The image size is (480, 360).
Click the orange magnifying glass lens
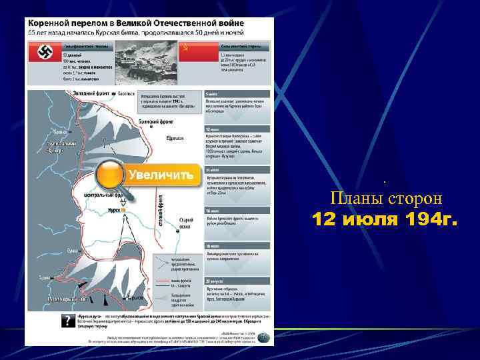coord(110,175)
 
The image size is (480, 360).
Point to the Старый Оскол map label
coord(187,223)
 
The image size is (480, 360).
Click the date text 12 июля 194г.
coord(385,219)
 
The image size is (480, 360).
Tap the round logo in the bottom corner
coord(265,337)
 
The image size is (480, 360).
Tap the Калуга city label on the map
coord(126,94)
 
